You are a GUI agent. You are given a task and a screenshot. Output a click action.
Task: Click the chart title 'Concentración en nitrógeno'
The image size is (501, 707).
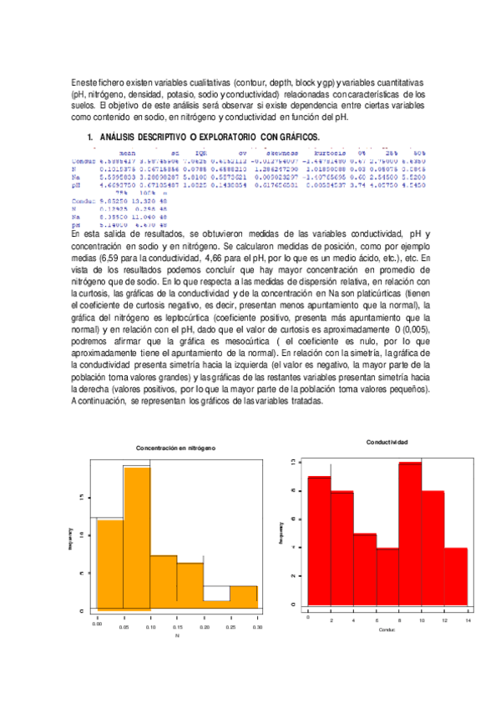coord(175,448)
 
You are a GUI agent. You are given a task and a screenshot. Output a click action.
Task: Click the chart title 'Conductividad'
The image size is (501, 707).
coord(387,441)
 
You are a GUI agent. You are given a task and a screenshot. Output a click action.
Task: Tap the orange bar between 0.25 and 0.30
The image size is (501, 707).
coord(243,599)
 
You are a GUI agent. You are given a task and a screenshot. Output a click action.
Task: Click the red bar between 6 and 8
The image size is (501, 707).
coord(387,576)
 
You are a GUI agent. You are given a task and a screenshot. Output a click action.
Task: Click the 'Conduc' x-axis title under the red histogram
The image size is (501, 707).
coord(387,629)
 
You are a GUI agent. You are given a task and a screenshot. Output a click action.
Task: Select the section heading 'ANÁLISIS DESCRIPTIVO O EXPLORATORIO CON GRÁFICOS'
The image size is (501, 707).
coord(209,137)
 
